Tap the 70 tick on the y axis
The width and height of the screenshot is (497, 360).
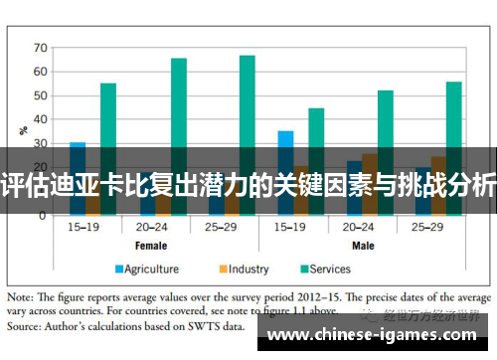(40, 47)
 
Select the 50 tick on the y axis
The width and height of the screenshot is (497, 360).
(40, 95)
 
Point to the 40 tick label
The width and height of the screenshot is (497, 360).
(40, 120)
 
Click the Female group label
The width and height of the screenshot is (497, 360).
(151, 244)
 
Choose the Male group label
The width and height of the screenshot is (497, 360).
(362, 244)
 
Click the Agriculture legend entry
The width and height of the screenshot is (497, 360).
(146, 269)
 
